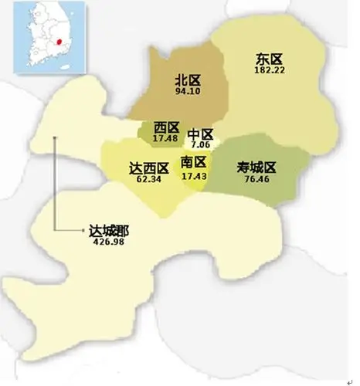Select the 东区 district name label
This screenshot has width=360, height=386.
click(269, 58)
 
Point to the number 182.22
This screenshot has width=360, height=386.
click(270, 70)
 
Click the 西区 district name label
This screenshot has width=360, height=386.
click(166, 127)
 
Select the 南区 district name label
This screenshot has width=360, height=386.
click(193, 162)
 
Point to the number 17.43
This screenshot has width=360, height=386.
click(193, 175)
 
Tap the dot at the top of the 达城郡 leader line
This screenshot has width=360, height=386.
click(55, 139)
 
